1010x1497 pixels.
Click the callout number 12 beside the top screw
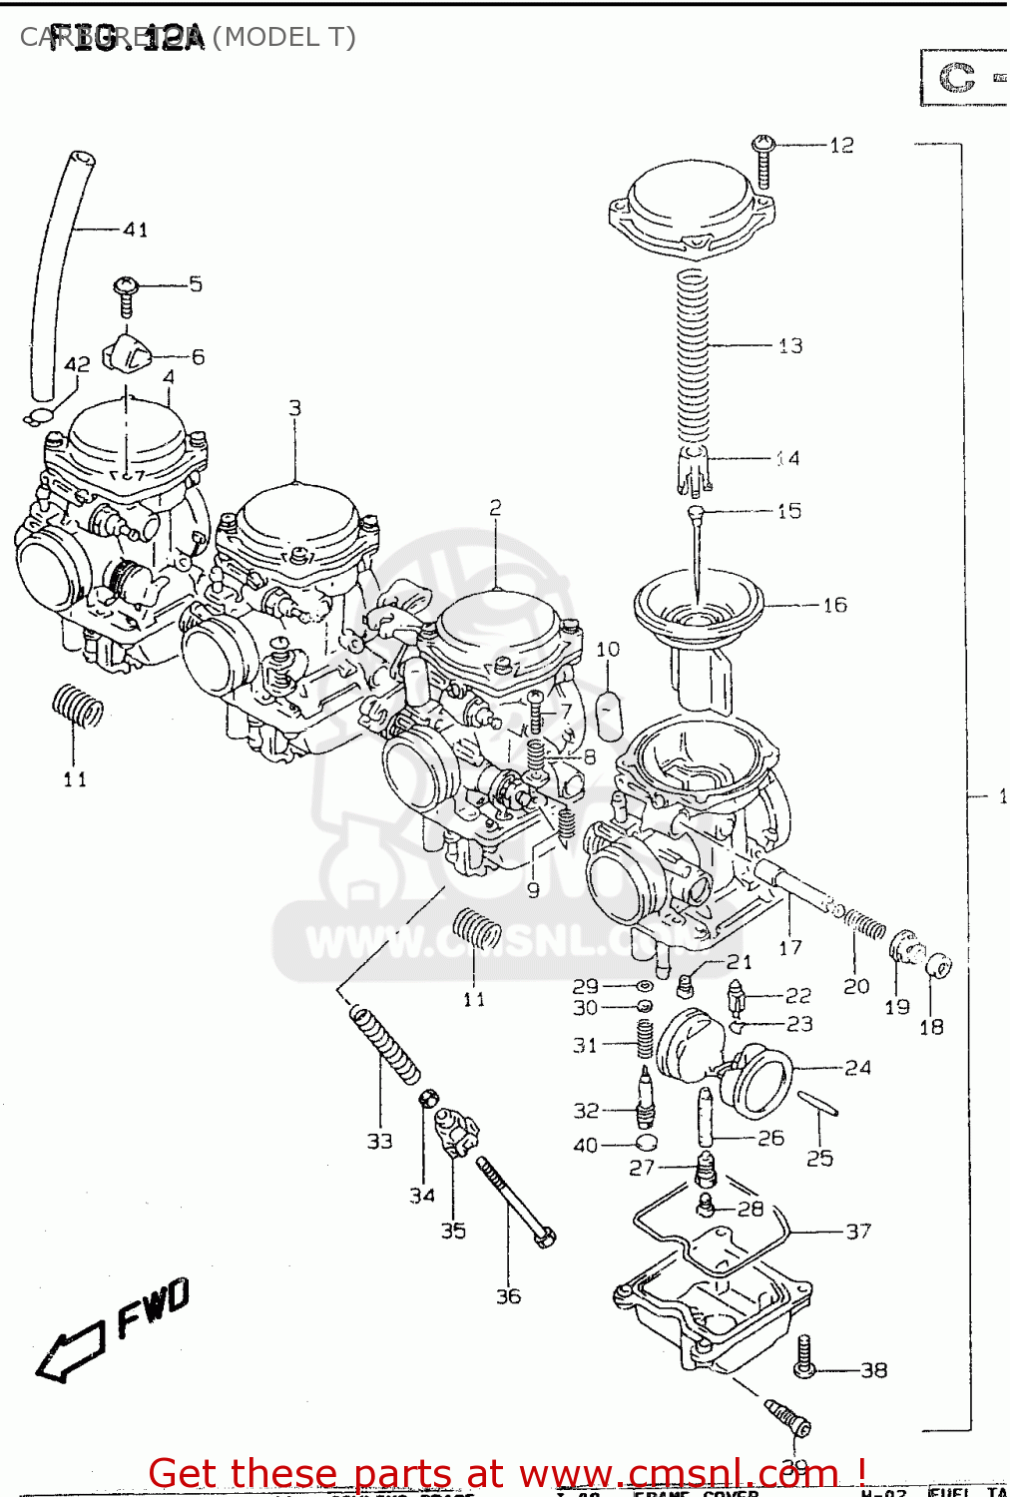tap(841, 146)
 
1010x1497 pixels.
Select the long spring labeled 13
tap(692, 349)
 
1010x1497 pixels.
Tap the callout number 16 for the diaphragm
tap(834, 605)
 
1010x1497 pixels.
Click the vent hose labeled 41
tap(58, 269)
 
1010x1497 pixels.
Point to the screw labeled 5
tap(126, 294)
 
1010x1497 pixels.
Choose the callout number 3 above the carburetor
tap(294, 408)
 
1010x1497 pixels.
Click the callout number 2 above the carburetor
tap(495, 508)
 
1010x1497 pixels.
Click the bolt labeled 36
tap(515, 1203)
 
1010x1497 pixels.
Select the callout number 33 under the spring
tap(379, 1141)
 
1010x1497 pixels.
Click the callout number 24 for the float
tap(857, 1068)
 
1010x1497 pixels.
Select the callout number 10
tap(608, 650)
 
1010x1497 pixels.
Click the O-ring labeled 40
tap(647, 1142)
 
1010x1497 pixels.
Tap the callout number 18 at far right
tap(930, 1027)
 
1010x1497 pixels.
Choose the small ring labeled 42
tap(38, 417)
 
